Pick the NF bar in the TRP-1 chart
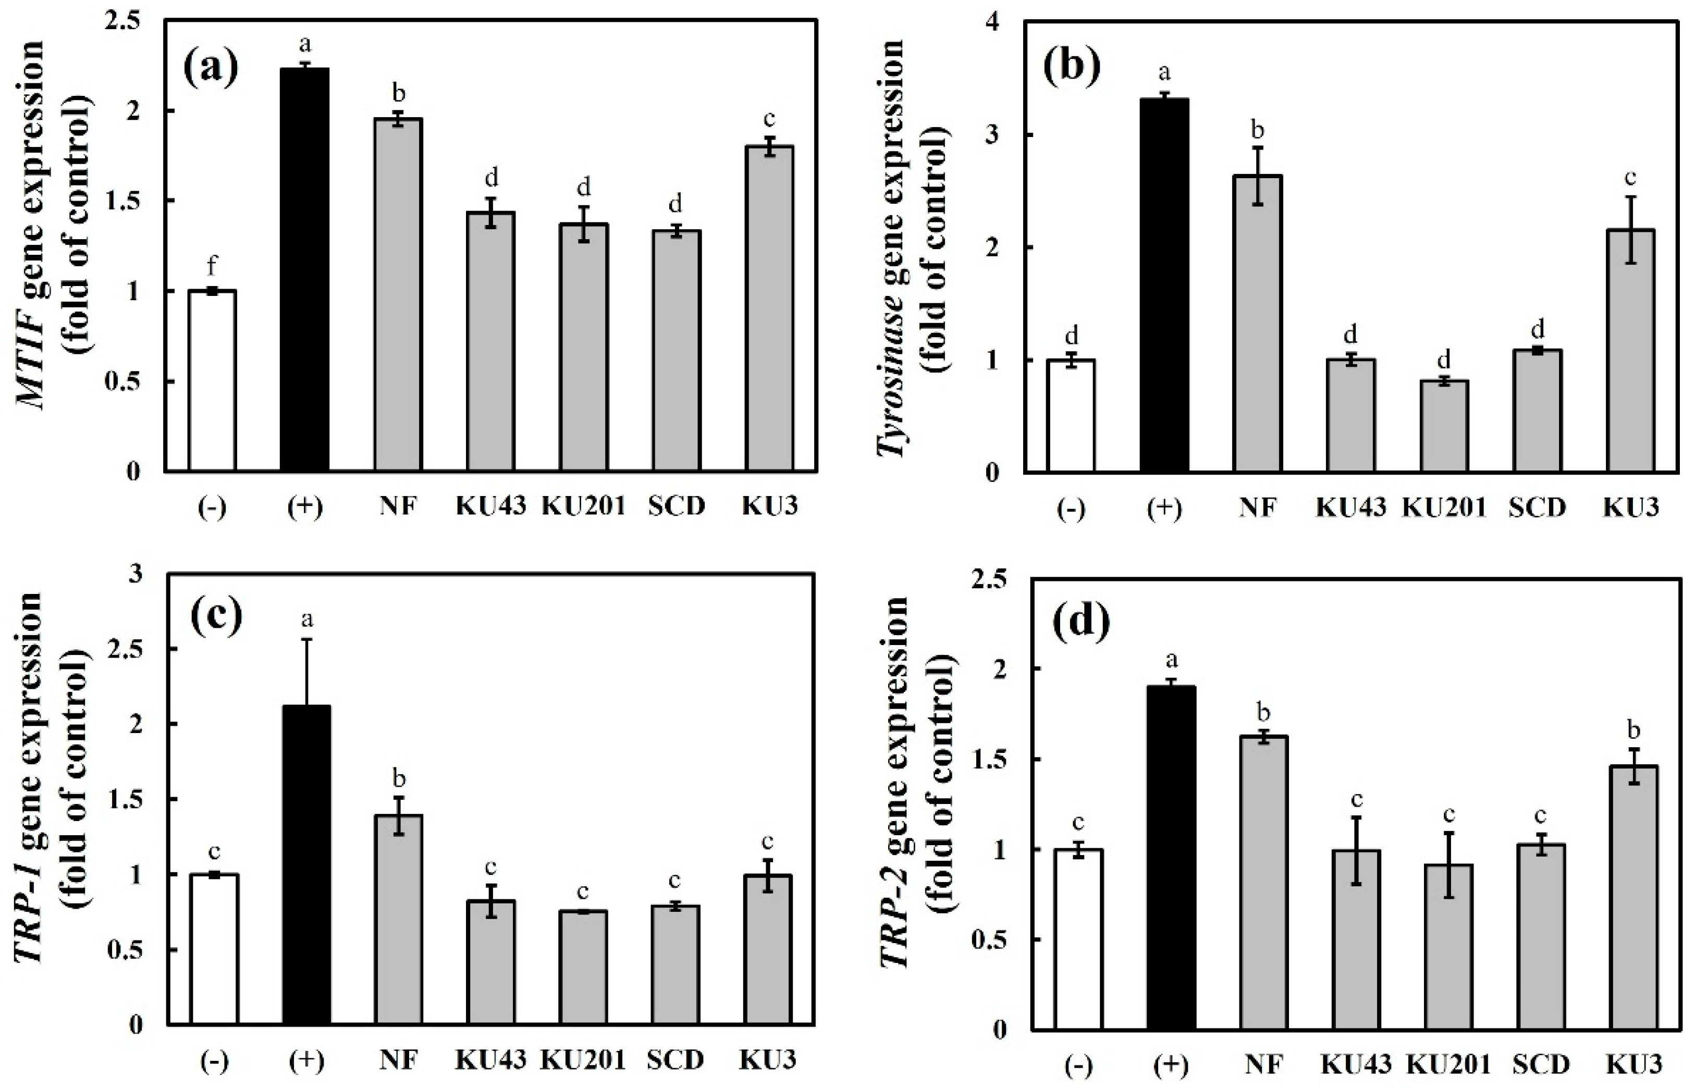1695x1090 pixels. click(x=399, y=920)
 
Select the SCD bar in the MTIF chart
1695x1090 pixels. click(x=676, y=350)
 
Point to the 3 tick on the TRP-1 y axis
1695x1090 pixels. click(x=135, y=574)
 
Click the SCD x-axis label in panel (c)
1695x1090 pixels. click(x=675, y=1060)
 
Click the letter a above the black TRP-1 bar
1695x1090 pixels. click(x=306, y=620)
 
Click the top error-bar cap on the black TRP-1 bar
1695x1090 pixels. click(x=306, y=639)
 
